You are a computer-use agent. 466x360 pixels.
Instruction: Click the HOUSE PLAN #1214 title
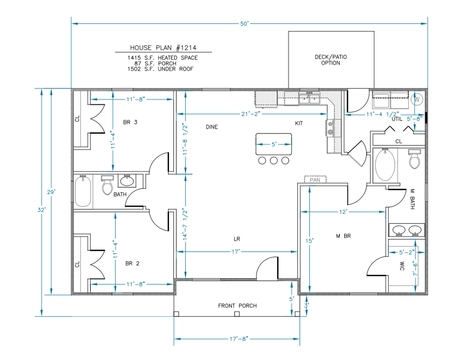coord(163,48)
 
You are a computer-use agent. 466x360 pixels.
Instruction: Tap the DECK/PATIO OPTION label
coord(331,60)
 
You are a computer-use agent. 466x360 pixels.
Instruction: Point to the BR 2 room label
coord(132,263)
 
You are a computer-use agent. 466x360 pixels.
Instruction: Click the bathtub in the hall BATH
coord(83,192)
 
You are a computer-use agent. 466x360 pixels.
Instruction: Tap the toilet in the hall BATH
coord(107,185)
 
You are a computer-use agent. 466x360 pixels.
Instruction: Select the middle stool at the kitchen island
coord(274,160)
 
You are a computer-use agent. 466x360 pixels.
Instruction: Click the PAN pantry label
coord(316,180)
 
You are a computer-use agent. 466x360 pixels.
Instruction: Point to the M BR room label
coord(343,236)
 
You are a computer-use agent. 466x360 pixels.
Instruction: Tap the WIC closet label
coord(402,266)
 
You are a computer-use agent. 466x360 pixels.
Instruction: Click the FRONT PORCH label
coord(237,306)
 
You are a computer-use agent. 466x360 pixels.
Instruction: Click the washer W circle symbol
coord(416,99)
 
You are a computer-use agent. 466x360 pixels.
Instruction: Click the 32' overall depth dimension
coord(43,210)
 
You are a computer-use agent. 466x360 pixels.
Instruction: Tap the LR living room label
coord(237,239)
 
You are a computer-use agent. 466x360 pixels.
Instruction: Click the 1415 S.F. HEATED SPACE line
coord(163,58)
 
